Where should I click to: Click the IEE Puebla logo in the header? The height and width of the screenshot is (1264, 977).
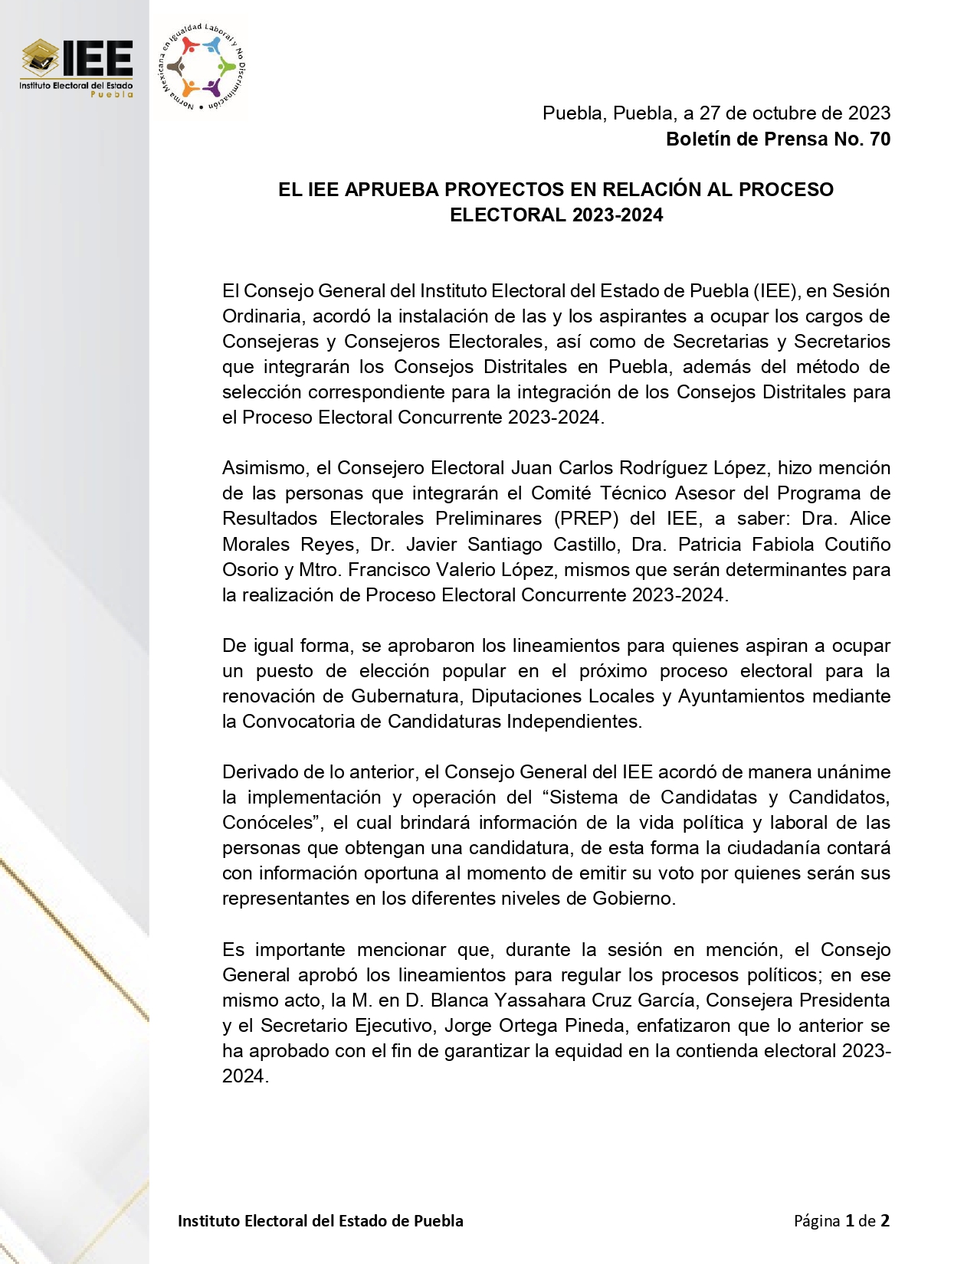point(77,68)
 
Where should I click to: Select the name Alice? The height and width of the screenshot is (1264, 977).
point(870,519)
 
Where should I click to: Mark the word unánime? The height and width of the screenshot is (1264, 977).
point(852,772)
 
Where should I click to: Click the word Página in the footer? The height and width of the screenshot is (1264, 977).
point(816,1221)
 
